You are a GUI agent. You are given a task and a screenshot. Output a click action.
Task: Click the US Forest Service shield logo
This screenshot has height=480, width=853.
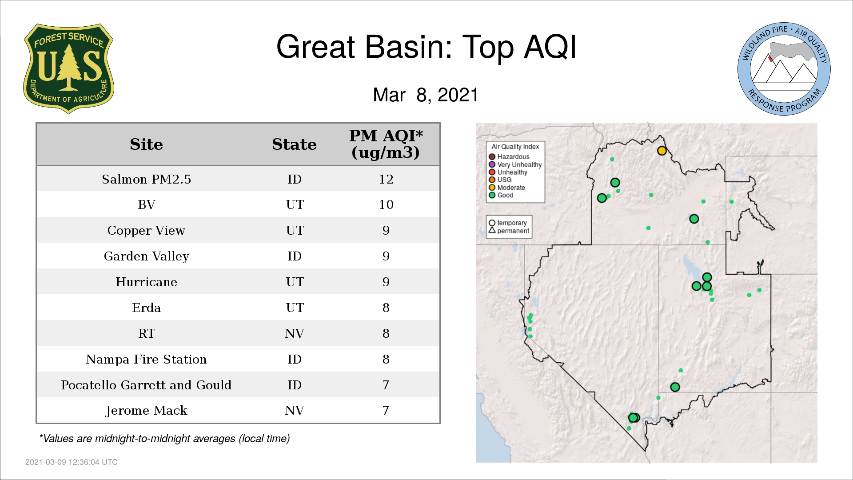(68, 68)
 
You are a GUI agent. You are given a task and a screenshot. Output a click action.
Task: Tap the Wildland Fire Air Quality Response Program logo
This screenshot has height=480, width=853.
(784, 69)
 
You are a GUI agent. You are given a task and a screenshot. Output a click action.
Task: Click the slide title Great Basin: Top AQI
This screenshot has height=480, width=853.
(426, 47)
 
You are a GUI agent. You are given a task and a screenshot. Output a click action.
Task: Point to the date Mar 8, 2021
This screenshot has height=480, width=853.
(426, 95)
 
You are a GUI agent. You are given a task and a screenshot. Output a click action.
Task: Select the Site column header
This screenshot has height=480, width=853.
(146, 144)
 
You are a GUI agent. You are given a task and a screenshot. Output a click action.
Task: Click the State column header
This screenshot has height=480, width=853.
(294, 144)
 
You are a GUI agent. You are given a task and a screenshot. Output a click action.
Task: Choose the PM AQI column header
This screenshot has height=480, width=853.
(386, 144)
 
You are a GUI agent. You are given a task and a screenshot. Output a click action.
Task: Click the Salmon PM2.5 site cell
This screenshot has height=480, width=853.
(146, 179)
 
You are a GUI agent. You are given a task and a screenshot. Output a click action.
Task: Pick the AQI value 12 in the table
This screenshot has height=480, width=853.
(386, 179)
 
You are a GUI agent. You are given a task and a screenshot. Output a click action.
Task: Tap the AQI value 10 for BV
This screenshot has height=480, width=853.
(386, 204)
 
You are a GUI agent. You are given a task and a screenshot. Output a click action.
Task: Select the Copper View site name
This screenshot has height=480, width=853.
(146, 231)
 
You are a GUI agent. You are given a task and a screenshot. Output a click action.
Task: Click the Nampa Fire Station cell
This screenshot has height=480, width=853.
(146, 359)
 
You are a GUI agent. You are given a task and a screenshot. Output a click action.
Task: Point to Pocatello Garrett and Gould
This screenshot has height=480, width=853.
(146, 385)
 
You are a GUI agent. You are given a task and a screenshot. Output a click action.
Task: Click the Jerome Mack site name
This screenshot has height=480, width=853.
(146, 411)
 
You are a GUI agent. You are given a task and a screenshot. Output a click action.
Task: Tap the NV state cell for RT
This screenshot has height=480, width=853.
(294, 333)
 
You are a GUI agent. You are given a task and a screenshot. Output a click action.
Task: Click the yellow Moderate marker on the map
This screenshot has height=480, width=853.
(662, 151)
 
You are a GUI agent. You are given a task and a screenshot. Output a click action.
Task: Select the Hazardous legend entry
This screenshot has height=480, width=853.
(509, 157)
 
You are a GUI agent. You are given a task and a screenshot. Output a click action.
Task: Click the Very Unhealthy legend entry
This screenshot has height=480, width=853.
(515, 164)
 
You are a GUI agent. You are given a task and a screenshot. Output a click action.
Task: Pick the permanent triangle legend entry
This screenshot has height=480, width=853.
(509, 231)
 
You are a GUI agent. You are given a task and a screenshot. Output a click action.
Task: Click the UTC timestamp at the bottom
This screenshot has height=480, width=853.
(72, 462)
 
